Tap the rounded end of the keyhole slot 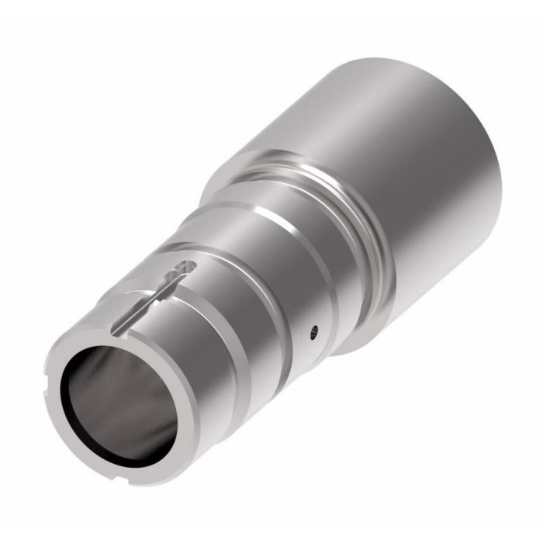[183, 268]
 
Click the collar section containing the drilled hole [295, 310]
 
